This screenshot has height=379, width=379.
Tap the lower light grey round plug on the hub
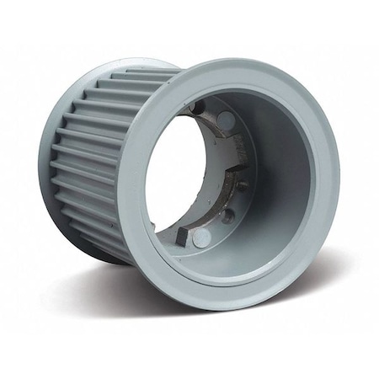pos(201,238)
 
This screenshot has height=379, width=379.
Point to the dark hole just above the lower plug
pos(227,216)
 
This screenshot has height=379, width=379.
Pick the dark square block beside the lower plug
pos(184,227)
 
